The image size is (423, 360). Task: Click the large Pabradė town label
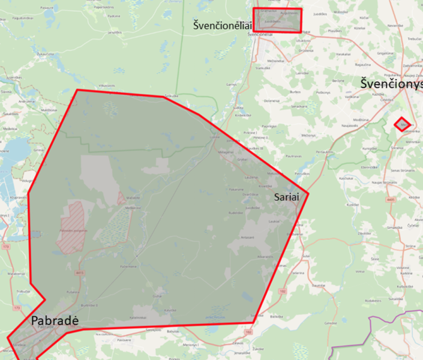(55, 321)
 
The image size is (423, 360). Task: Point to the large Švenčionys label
(392, 83)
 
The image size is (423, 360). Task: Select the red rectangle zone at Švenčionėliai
(277, 20)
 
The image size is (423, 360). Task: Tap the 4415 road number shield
(80, 273)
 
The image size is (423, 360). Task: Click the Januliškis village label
(115, 32)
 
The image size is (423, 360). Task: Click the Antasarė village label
(248, 238)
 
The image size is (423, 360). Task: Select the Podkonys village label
(324, 92)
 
